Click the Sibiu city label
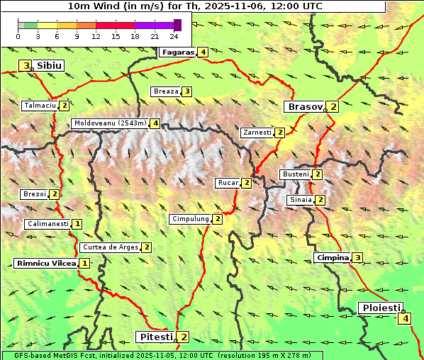click(49, 65)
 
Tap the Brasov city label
click(304, 107)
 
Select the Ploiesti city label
click(381, 308)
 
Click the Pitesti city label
click(155, 337)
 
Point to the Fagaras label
click(178, 52)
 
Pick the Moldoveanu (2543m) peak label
click(110, 123)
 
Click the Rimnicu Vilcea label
click(45, 263)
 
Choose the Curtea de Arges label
click(110, 247)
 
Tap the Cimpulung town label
click(190, 219)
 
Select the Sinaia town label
click(300, 200)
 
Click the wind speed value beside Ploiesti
click(405, 318)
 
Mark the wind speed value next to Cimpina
click(358, 257)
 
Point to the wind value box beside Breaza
click(186, 91)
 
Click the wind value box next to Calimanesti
click(77, 224)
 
